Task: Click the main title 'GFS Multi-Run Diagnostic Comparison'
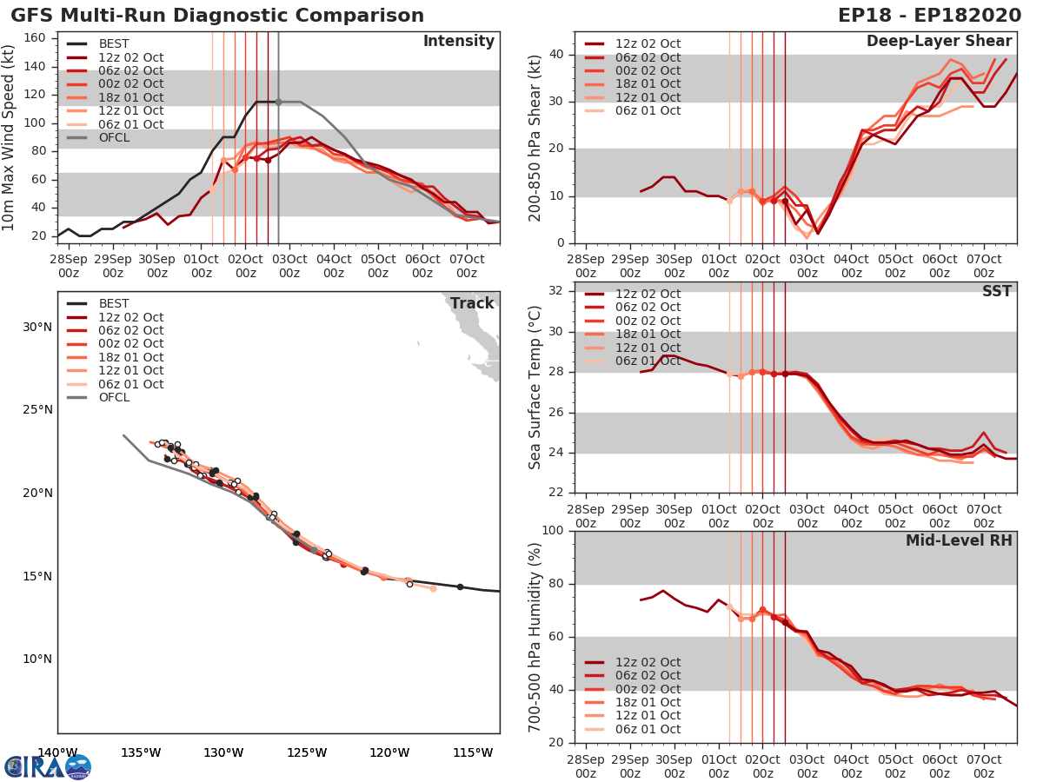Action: (217, 16)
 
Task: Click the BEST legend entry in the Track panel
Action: (114, 303)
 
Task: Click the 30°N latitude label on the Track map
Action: (37, 327)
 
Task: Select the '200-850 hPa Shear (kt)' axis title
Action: (535, 139)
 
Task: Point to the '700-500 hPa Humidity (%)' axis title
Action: (535, 636)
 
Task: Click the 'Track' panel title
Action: (471, 303)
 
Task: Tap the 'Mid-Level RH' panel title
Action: (959, 540)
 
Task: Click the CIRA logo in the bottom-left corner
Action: (48, 766)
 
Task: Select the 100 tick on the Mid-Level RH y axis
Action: (552, 530)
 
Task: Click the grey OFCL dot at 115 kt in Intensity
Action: (278, 102)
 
